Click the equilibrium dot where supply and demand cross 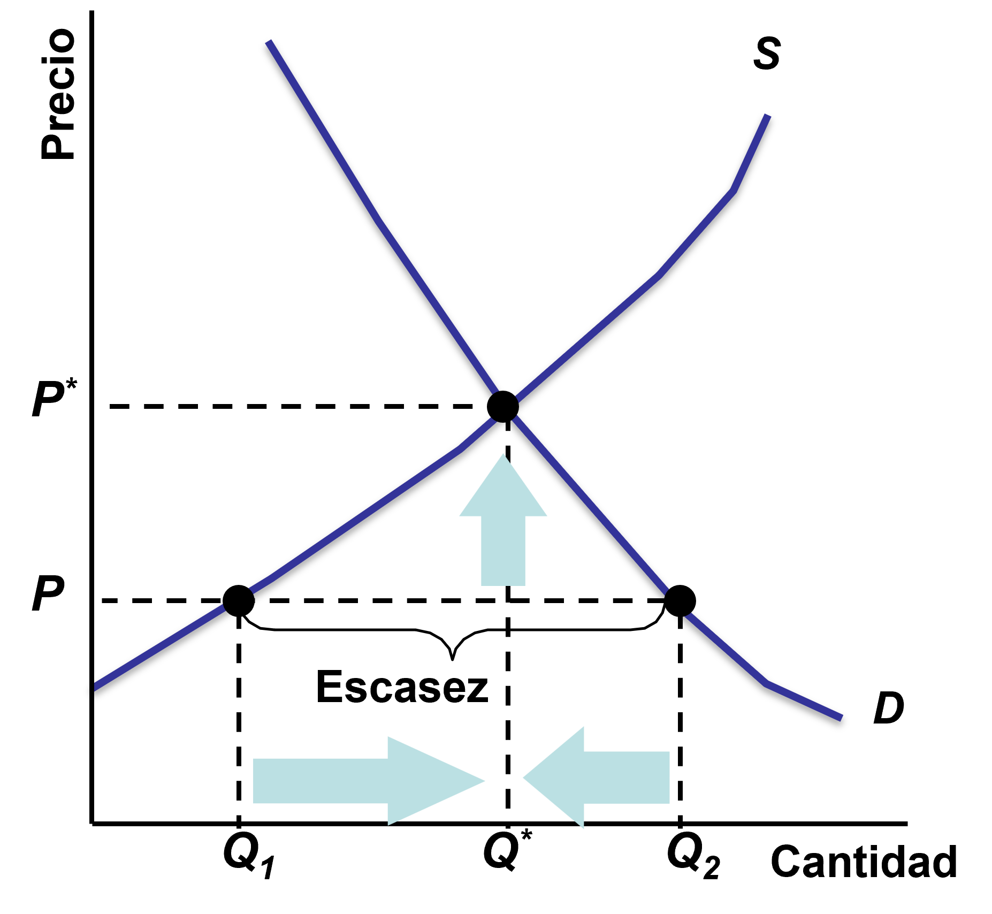[x=503, y=407]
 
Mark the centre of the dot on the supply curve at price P [x=239, y=600]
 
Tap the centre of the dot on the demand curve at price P [x=680, y=600]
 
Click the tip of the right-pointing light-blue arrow [x=485, y=780]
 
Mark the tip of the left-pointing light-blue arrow [x=523, y=777]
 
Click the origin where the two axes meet [x=93, y=823]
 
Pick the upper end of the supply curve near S [x=768, y=115]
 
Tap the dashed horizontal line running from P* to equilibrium [x=298, y=407]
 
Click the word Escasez [x=402, y=687]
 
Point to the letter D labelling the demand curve [x=889, y=707]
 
